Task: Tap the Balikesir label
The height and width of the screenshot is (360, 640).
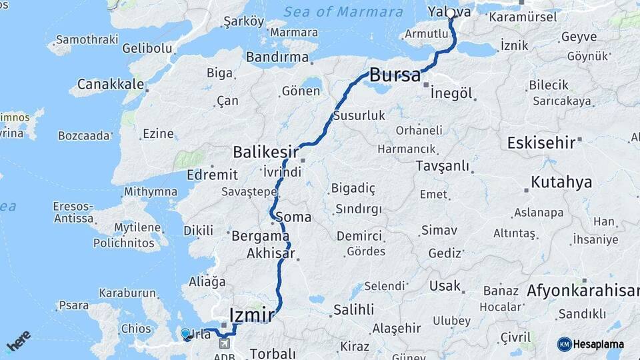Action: pos(265,152)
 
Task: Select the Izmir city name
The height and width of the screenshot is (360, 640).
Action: pos(251,313)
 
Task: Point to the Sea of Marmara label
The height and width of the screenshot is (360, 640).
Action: pos(343,12)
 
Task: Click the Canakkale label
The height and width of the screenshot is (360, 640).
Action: pos(111,84)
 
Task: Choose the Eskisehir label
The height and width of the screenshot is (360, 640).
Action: pos(541,143)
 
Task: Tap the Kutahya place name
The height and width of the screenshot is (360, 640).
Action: pos(561,182)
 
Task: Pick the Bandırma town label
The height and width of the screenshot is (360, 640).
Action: pos(277,57)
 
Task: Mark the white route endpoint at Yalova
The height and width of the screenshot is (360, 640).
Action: pos(451,13)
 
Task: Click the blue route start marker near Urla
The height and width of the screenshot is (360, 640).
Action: pos(185,333)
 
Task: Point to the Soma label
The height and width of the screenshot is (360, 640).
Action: pos(297,217)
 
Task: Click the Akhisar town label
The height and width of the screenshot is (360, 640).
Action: pos(270,253)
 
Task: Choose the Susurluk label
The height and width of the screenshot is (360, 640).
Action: pos(359,115)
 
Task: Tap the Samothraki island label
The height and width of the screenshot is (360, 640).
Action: pos(81,40)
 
